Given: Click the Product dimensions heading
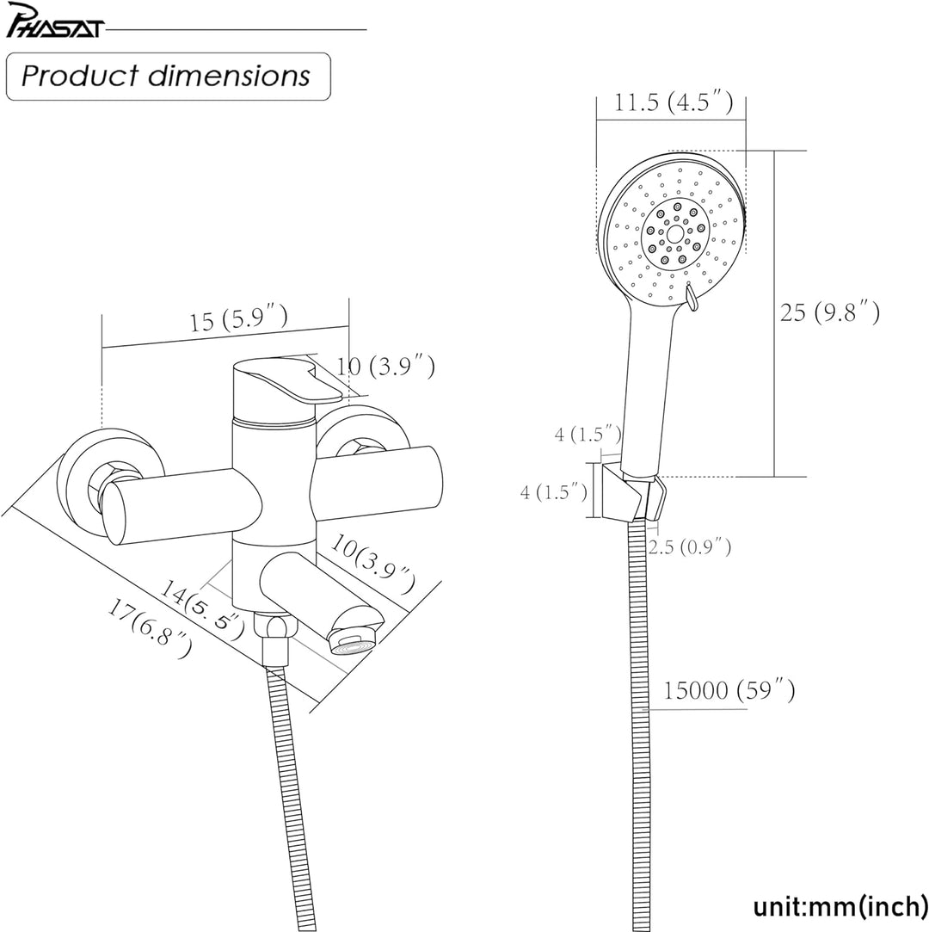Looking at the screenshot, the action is click(x=166, y=76).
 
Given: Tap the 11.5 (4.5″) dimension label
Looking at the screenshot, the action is click(x=673, y=102).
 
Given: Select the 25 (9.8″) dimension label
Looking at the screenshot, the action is click(x=830, y=312).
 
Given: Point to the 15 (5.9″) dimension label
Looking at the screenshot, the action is click(x=239, y=318).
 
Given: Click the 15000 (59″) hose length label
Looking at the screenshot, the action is click(x=729, y=690).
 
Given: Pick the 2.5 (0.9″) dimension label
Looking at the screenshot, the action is click(x=690, y=546).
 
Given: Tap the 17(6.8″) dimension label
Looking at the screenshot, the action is click(x=149, y=629).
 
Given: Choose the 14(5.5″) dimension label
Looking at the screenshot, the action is click(x=202, y=609).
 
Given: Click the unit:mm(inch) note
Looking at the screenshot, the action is click(x=840, y=907).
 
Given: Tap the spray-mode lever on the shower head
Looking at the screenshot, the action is click(x=690, y=297).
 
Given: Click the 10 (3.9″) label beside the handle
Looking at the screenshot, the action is click(x=386, y=367).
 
